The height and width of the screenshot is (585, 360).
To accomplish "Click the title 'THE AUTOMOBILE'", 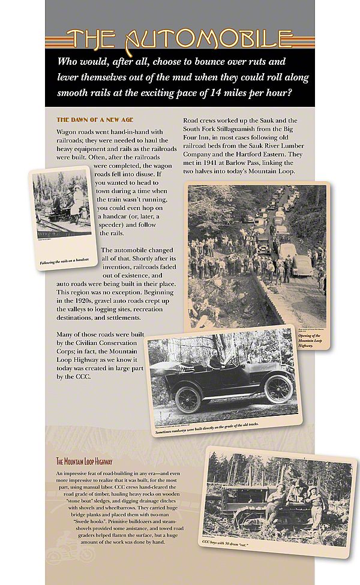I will click(x=179, y=39).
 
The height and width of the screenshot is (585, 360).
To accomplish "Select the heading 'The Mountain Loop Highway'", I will click(x=84, y=461).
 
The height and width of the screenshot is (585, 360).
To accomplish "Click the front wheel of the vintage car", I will click(x=278, y=389).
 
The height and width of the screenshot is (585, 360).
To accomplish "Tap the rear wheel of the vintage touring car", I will click(x=188, y=399).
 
